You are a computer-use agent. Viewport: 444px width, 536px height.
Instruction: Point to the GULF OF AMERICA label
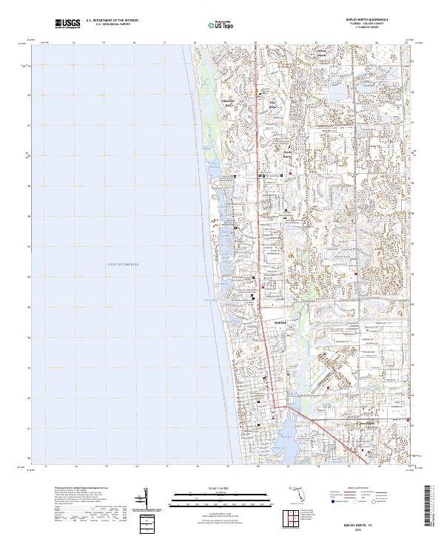pyautogui.click(x=123, y=264)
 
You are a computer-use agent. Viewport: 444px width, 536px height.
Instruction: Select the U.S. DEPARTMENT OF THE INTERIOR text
pyautogui.click(x=112, y=21)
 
